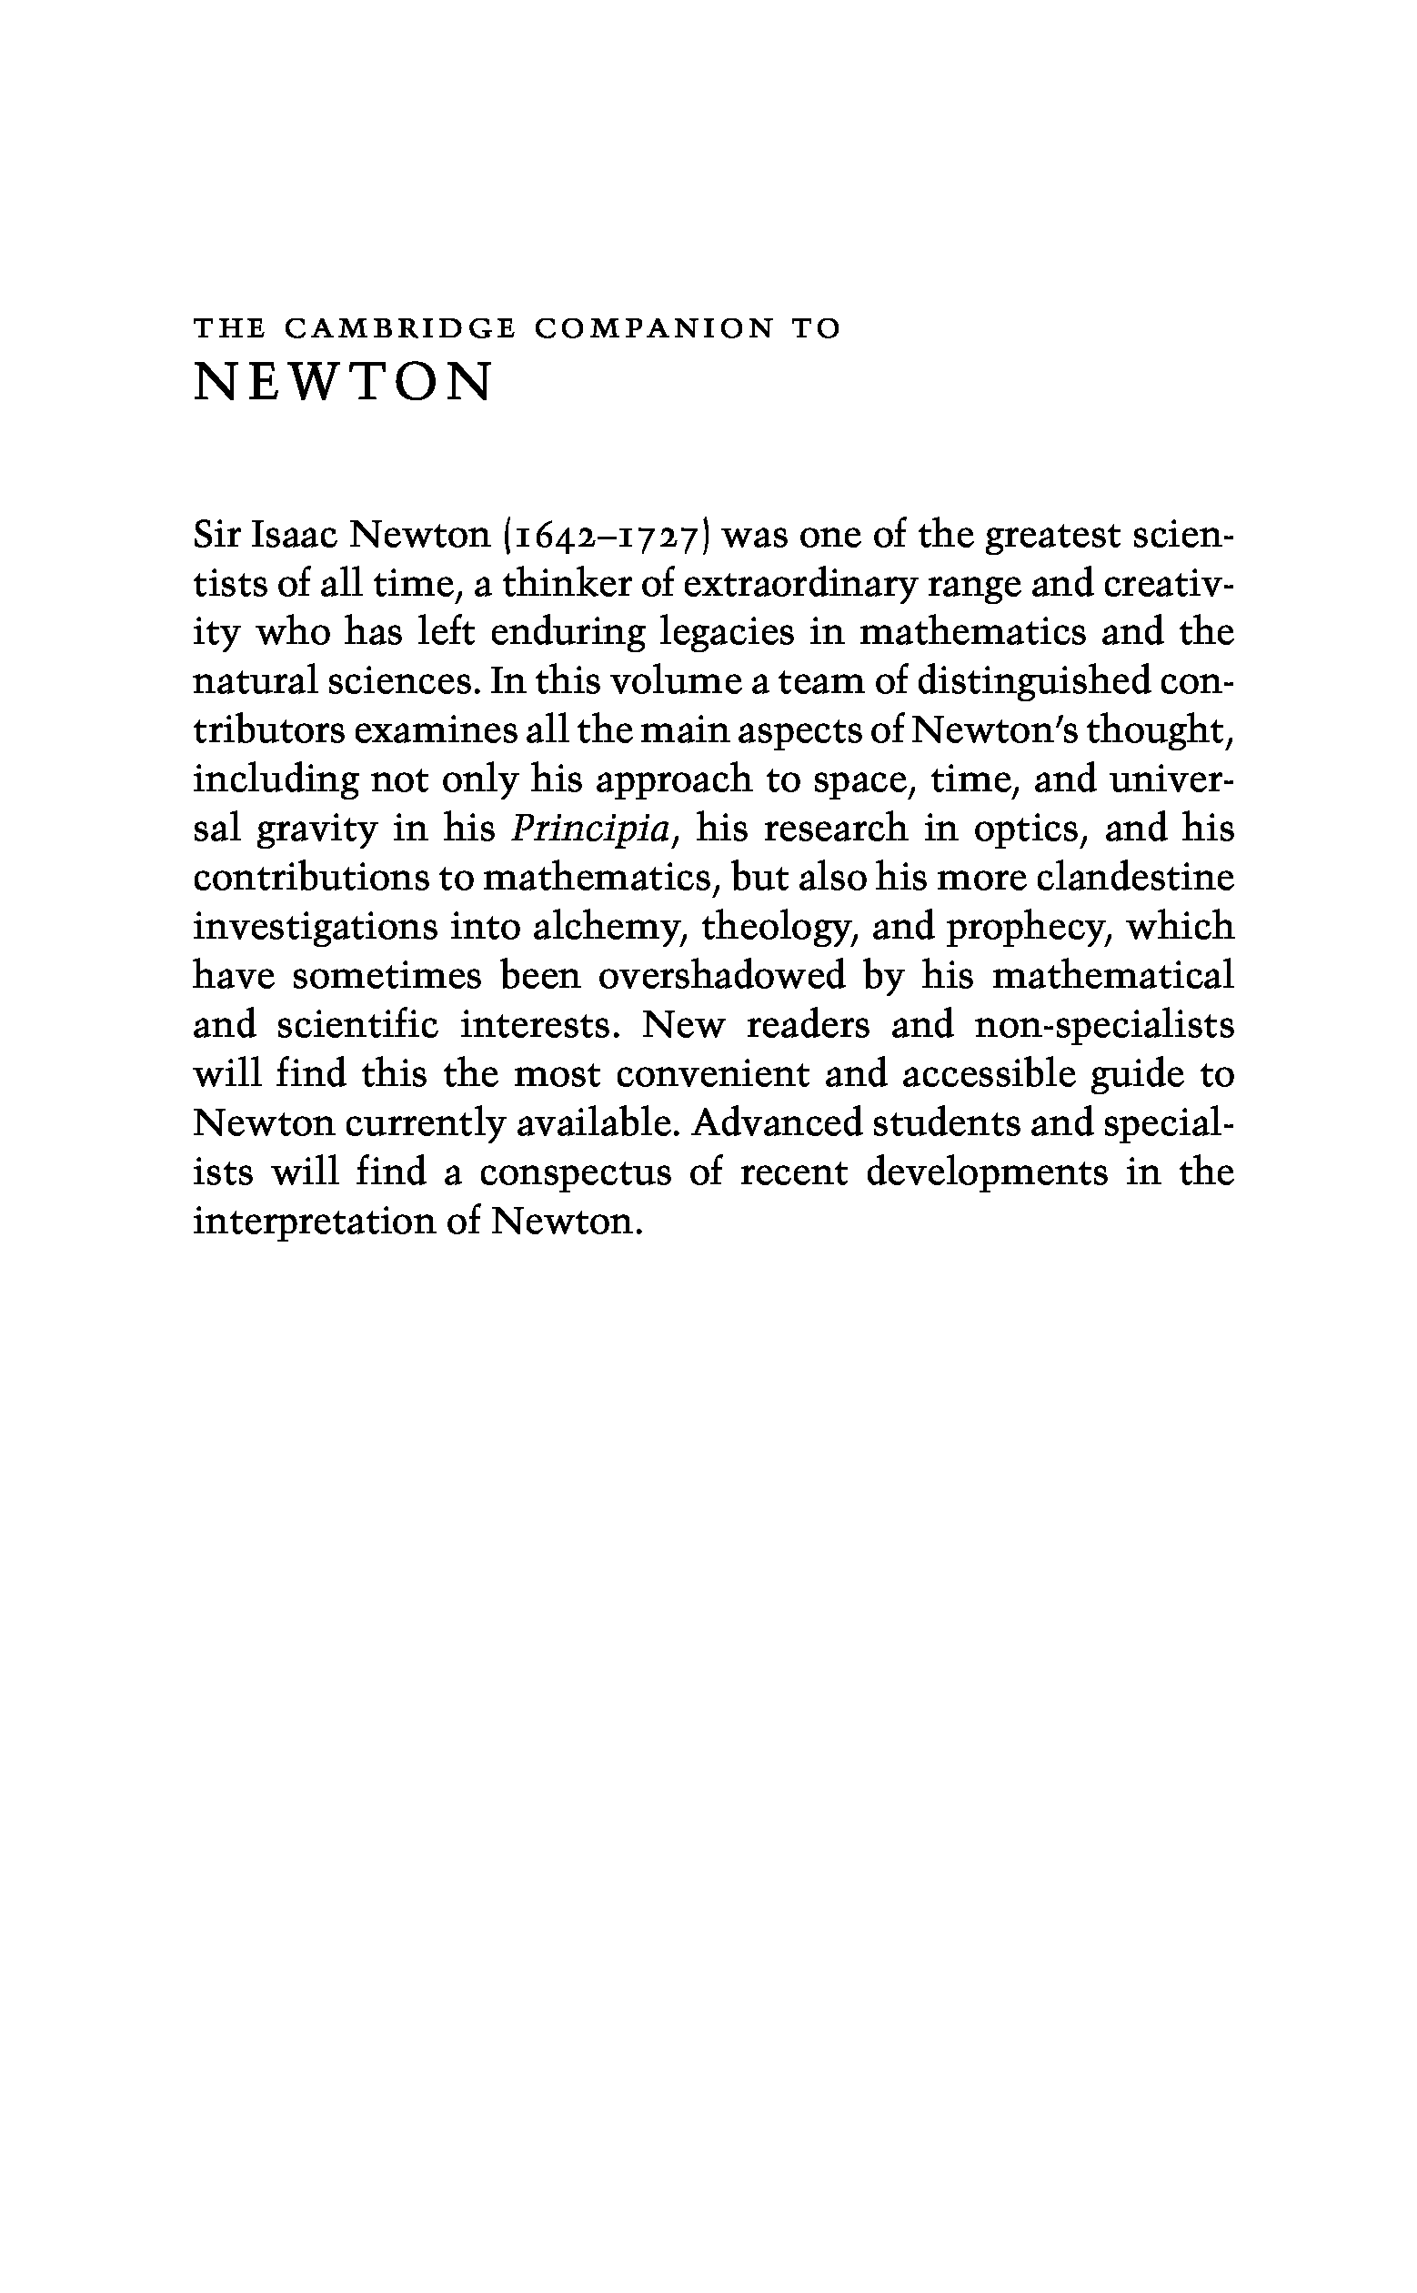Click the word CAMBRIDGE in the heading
coord(398,329)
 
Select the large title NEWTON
coord(342,382)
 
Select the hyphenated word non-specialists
coord(1104,1025)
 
